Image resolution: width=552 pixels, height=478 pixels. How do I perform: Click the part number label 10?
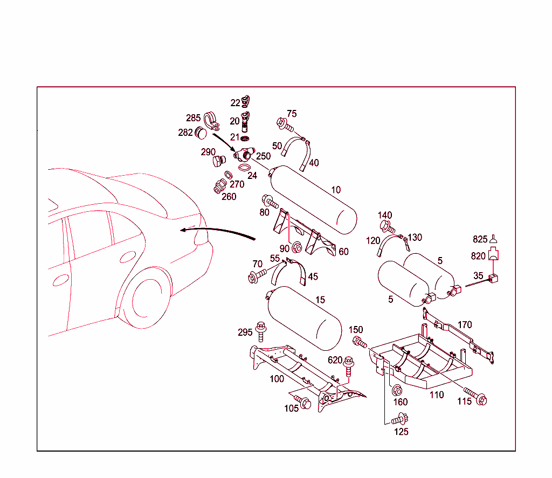tap(336, 190)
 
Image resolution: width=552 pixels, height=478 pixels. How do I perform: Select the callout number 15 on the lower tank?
tap(320, 300)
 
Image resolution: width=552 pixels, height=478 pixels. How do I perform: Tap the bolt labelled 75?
tap(284, 124)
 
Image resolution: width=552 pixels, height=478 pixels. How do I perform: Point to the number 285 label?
tap(193, 118)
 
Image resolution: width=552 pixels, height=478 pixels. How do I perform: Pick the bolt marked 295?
tap(261, 331)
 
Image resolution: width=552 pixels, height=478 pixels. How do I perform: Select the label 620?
tap(335, 360)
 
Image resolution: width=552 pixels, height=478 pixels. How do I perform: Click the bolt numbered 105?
tap(301, 402)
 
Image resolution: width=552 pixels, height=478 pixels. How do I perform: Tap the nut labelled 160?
tap(397, 390)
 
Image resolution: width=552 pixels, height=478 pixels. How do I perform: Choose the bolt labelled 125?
tap(399, 418)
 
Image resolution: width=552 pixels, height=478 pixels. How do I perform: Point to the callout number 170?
tap(465, 325)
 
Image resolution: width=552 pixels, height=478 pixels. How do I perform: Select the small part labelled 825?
tap(493, 241)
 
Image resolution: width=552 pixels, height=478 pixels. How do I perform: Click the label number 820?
tap(478, 257)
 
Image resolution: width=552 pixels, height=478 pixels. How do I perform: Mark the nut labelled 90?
tap(296, 247)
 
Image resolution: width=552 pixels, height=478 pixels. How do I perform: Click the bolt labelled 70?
tap(256, 277)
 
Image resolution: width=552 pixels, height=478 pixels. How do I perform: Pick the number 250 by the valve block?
tap(263, 156)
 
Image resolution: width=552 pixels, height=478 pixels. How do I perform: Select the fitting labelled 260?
tap(219, 186)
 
